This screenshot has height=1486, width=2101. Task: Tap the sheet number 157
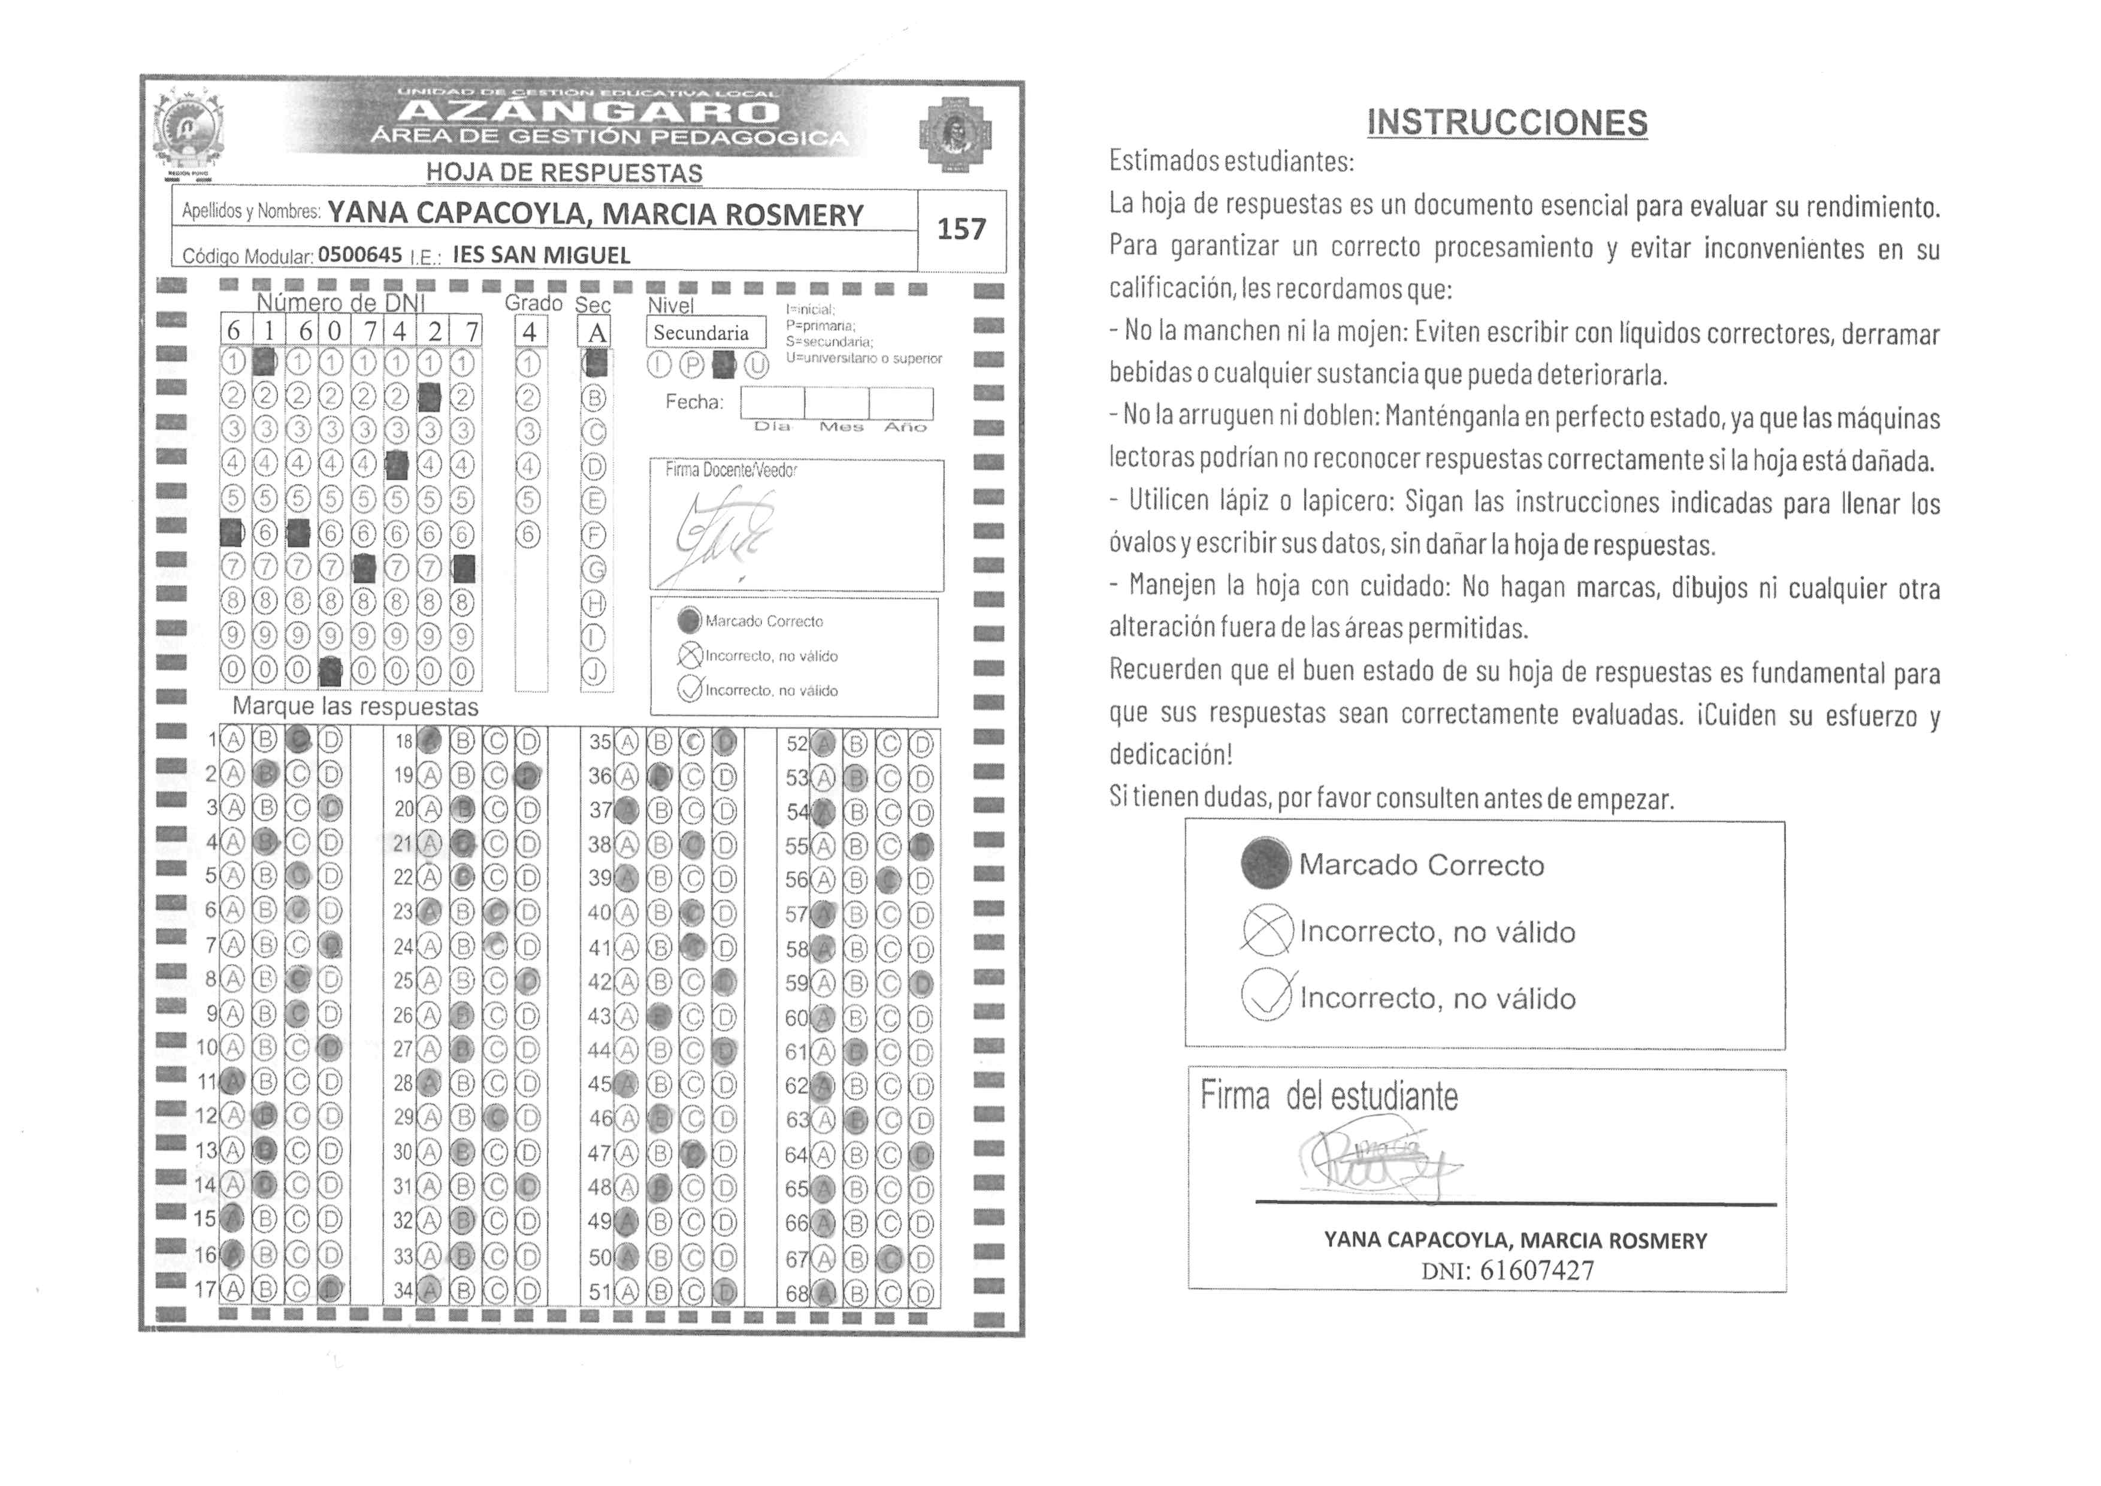pyautogui.click(x=961, y=229)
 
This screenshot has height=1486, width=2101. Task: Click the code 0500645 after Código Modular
pyautogui.click(x=359, y=255)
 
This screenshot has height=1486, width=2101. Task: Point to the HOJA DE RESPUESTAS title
pyautogui.click(x=564, y=172)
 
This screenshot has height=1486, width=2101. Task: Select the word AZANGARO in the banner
pyautogui.click(x=590, y=113)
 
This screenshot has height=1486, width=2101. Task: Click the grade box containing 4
pyautogui.click(x=529, y=332)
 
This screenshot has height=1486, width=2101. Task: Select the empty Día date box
pyautogui.click(x=772, y=403)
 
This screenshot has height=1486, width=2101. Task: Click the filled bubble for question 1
pyautogui.click(x=297, y=740)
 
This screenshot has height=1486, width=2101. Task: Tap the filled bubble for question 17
pyautogui.click(x=331, y=1289)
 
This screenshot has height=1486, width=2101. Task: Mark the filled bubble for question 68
pyautogui.click(x=824, y=1294)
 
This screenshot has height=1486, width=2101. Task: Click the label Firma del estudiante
pyautogui.click(x=1329, y=1095)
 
